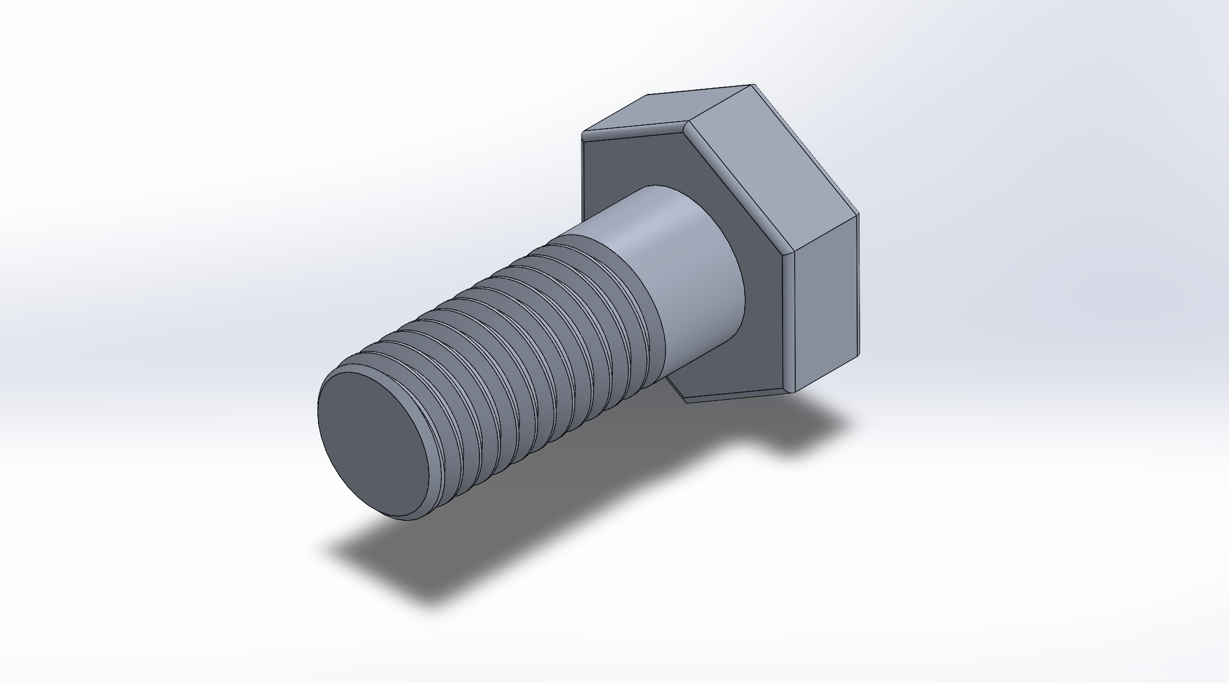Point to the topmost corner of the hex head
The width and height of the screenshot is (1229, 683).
[753, 85]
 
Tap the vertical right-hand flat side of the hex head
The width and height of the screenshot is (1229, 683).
[825, 301]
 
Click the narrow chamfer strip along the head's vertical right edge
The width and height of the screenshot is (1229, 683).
[788, 324]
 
